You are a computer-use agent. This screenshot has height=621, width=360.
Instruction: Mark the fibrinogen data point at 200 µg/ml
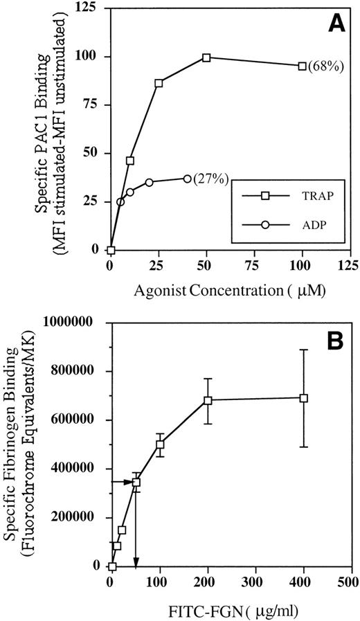pyautogui.click(x=207, y=400)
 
